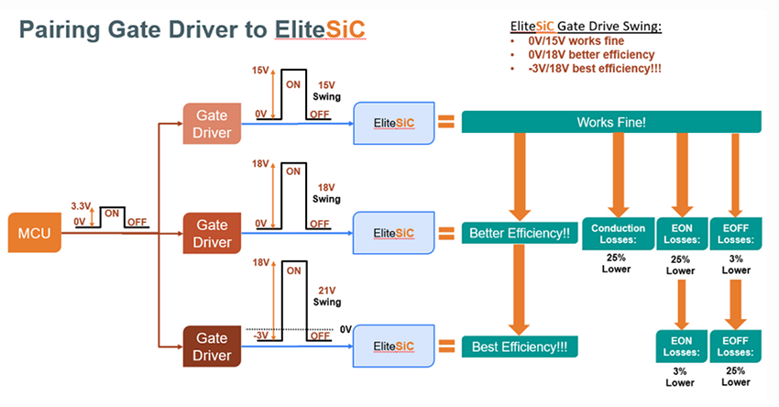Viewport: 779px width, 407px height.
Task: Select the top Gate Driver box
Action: (x=212, y=124)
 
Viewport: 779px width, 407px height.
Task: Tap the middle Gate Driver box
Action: (x=212, y=233)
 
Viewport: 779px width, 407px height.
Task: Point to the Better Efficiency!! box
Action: (x=519, y=233)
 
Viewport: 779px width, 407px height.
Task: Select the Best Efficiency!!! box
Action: (x=519, y=346)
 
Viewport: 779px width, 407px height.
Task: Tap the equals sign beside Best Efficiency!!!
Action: (x=446, y=346)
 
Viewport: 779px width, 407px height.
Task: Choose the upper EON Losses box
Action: (x=680, y=234)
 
